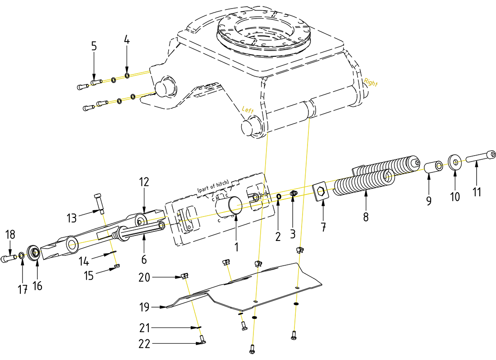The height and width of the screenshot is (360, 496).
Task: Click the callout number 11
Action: click(x=477, y=191)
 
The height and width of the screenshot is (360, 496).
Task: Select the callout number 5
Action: click(x=94, y=46)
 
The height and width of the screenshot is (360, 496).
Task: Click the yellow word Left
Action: click(x=248, y=110)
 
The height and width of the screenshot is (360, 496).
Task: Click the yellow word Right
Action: click(x=371, y=83)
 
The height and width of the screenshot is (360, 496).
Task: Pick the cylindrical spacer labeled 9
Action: click(x=432, y=166)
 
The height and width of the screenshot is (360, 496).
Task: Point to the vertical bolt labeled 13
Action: click(x=99, y=203)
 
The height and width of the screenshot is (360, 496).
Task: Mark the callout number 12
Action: click(x=144, y=182)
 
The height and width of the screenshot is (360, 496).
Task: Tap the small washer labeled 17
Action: click(x=21, y=256)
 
